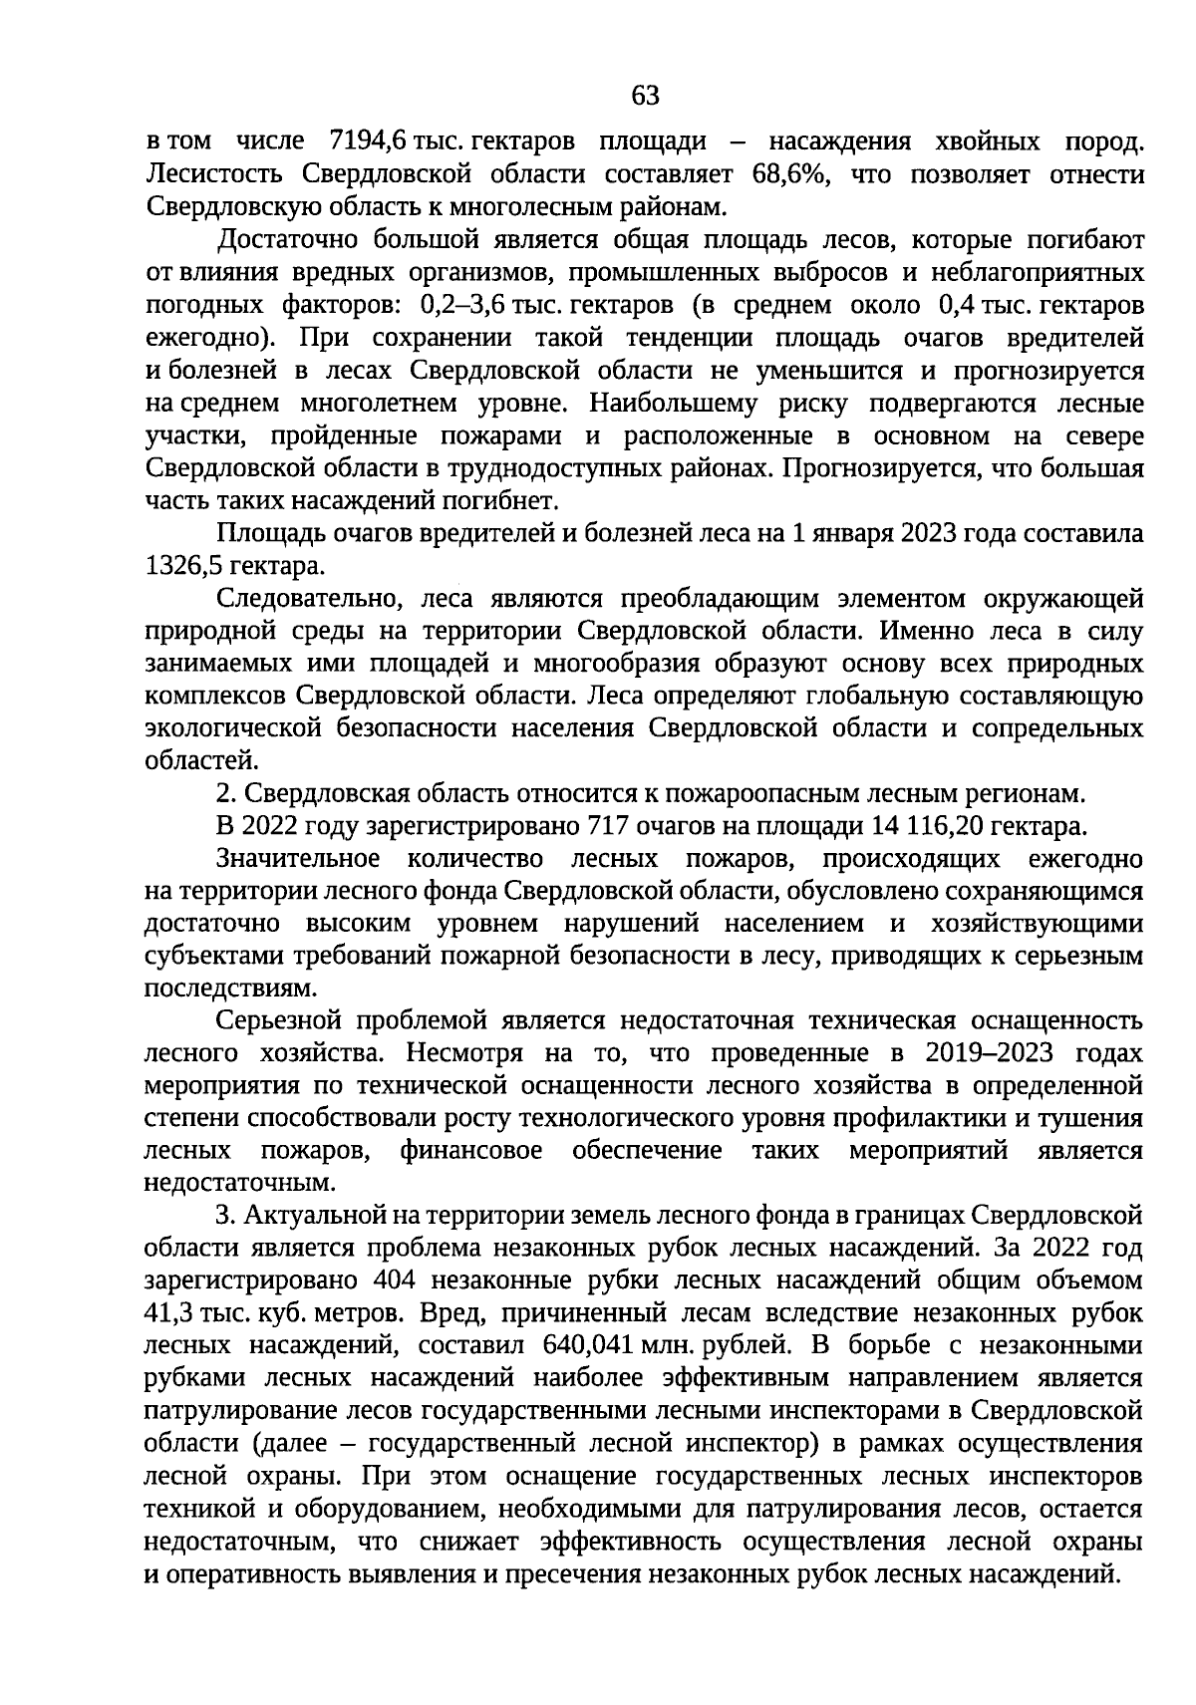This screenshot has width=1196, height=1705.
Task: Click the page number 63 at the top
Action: (645, 95)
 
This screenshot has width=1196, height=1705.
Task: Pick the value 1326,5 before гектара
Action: (185, 566)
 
